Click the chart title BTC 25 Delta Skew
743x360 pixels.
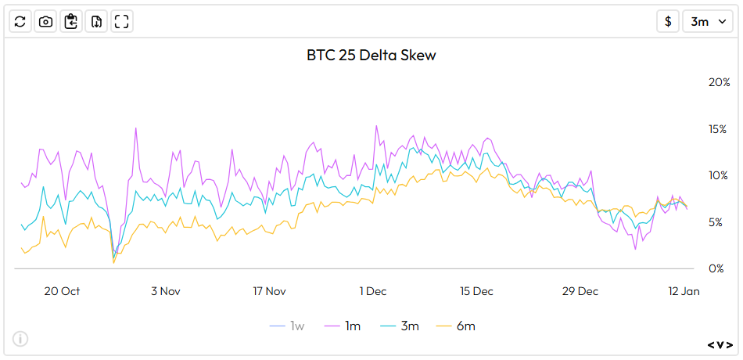371,56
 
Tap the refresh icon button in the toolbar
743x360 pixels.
20,21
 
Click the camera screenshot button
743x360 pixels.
46,21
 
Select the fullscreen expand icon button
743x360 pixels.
121,21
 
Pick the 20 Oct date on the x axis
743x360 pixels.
62,291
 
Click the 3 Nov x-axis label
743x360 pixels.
165,291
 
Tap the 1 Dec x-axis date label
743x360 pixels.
373,291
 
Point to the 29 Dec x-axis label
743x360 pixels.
580,291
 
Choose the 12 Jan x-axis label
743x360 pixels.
684,291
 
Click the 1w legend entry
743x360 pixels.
289,326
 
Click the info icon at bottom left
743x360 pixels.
20,339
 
